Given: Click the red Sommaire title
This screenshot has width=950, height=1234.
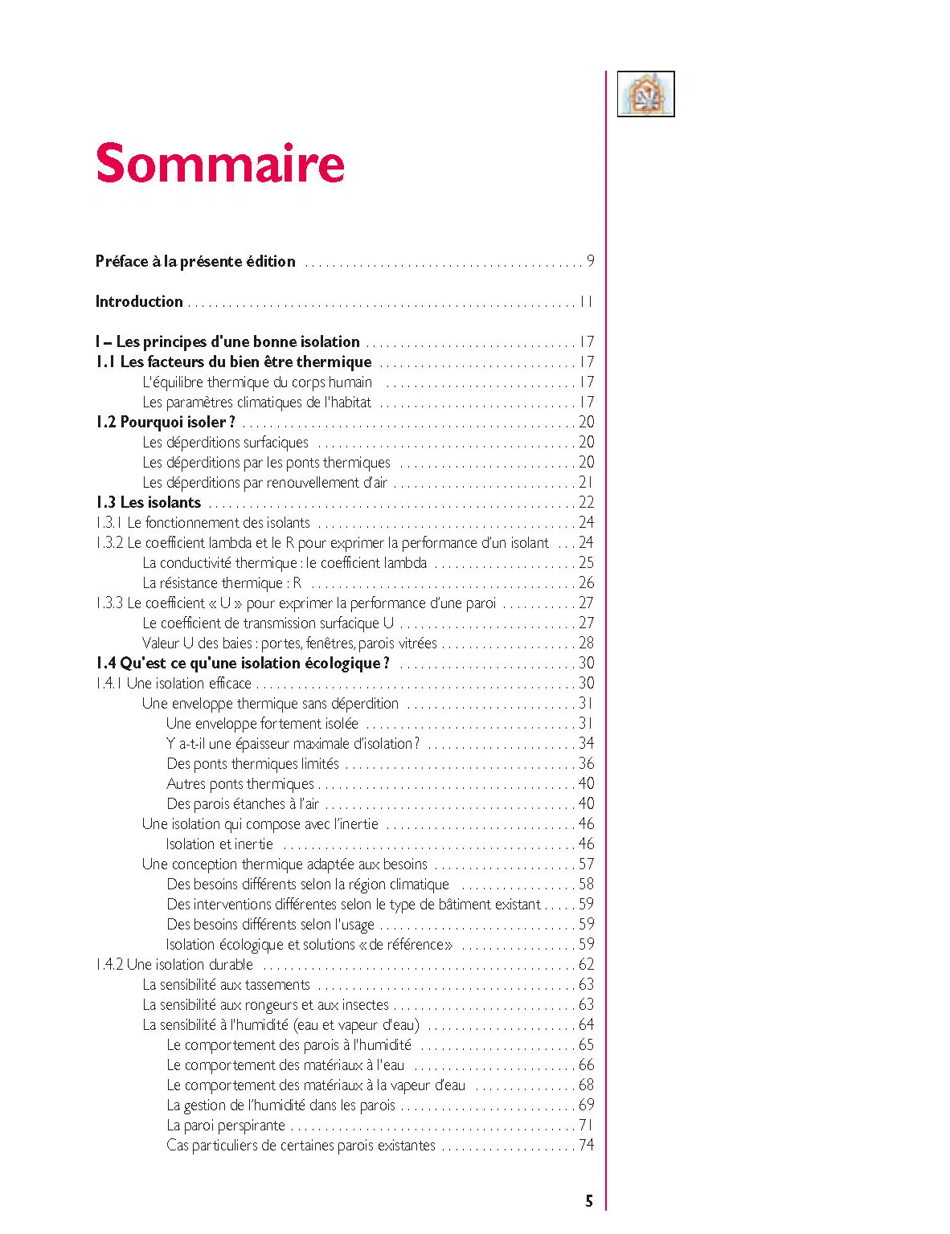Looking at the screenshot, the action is (220, 163).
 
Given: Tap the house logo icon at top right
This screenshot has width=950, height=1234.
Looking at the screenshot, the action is (645, 94).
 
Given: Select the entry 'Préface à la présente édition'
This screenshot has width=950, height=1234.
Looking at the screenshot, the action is (195, 261).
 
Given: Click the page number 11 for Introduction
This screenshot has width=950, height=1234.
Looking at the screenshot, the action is (586, 302).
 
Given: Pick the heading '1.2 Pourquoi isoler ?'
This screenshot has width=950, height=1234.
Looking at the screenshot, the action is (166, 422).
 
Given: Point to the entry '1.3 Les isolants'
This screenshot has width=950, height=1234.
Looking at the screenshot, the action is (149, 502).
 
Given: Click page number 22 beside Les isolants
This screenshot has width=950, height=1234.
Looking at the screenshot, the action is (587, 502).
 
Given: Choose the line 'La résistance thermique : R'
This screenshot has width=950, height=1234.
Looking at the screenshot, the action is (222, 582).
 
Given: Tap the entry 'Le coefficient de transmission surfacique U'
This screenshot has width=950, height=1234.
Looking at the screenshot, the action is (268, 623).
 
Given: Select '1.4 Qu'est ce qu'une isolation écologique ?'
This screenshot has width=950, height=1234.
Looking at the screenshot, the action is (243, 663).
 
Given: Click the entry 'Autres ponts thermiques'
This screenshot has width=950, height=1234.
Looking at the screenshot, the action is (240, 783).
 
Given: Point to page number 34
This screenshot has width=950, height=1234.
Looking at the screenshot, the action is (587, 743).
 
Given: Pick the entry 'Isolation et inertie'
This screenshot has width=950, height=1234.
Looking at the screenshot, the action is (219, 844).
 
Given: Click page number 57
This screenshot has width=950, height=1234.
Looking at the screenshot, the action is (587, 864).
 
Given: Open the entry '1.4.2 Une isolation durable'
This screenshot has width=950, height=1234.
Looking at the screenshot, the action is (174, 964).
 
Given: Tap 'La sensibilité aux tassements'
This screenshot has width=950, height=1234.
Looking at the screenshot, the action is (226, 984).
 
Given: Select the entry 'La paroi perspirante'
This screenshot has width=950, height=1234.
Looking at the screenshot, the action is (226, 1125).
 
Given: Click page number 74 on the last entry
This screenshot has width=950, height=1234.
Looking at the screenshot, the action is (587, 1145).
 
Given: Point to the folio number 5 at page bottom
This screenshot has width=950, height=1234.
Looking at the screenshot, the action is (589, 1201).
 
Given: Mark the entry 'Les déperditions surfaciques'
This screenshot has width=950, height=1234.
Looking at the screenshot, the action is (225, 442).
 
